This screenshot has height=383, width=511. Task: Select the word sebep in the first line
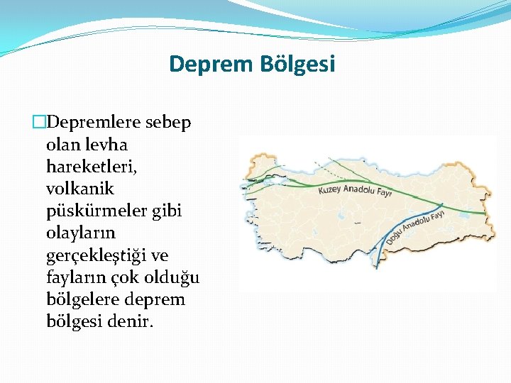coord(168,123)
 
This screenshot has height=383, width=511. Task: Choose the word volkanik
coord(79,189)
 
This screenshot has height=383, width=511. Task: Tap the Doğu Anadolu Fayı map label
coord(416,226)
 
